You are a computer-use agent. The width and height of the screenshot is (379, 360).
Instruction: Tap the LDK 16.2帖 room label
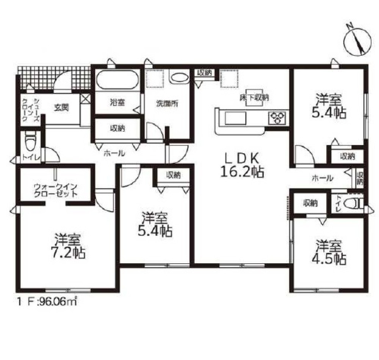242,165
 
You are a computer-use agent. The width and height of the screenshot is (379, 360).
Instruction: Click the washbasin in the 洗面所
179,78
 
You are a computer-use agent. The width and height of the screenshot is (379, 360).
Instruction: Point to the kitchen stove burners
276,118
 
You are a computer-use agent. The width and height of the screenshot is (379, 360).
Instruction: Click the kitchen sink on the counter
236,118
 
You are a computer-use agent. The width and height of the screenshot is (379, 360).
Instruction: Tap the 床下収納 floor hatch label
254,98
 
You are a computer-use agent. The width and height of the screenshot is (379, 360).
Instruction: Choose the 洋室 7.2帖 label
68,246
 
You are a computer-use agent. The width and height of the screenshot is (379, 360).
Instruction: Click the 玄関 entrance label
61,107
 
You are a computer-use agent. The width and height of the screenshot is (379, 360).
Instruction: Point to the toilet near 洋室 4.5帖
353,203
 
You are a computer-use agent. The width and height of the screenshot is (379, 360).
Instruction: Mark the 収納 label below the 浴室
117,128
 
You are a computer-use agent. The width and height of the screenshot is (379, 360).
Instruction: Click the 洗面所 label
167,104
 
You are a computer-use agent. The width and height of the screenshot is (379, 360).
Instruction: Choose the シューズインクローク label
30,110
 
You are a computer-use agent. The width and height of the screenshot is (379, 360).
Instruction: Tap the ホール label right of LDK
323,178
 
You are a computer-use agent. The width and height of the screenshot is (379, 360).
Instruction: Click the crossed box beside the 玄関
86,99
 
